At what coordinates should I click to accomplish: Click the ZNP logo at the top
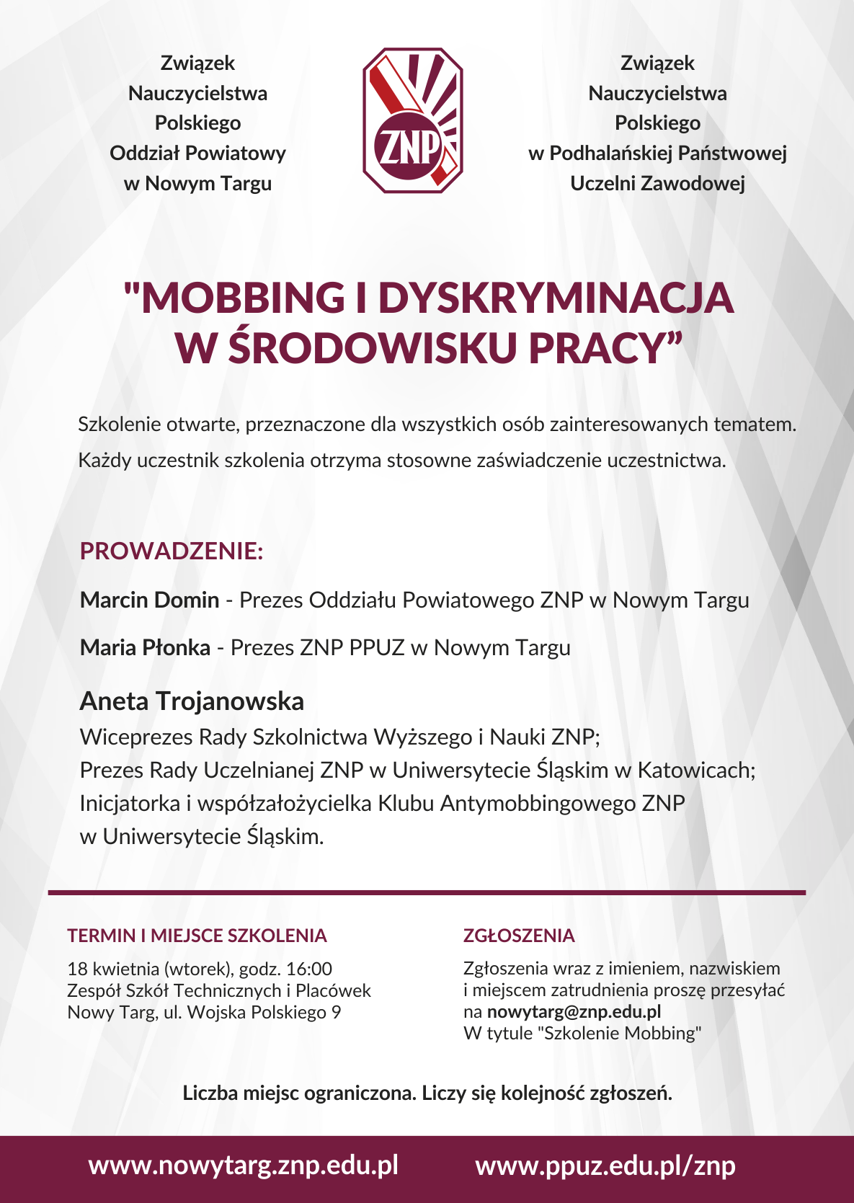(412, 120)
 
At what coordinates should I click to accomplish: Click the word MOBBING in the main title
(243, 298)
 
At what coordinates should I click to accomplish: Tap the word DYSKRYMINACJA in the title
(556, 298)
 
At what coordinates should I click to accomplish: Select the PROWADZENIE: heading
(172, 551)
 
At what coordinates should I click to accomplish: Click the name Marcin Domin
(149, 600)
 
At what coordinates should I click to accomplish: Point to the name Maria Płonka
(145, 647)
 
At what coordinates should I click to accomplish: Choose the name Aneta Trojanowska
(192, 701)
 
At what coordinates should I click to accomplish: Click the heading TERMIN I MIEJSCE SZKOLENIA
(197, 936)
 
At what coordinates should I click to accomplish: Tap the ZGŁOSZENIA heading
(519, 936)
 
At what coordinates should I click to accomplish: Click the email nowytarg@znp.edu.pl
(574, 1011)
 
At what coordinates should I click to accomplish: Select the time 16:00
(308, 969)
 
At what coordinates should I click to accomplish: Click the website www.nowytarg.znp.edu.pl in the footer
(243, 1166)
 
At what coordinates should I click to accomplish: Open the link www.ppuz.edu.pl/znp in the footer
(605, 1166)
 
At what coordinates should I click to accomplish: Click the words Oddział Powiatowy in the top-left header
(197, 153)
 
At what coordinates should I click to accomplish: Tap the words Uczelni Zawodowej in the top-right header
(657, 183)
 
